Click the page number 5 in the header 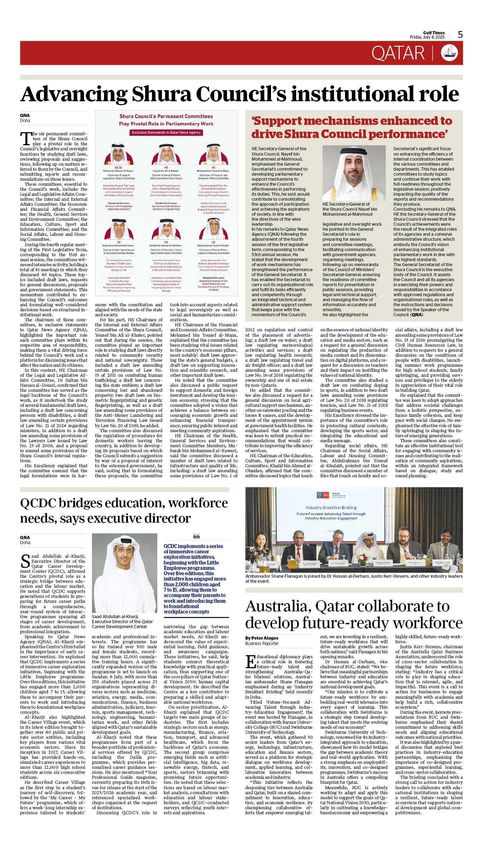coord(460,35)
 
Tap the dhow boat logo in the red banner coord(449,53)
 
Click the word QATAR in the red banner coord(398,53)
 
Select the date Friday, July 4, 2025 coord(427,37)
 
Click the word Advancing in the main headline coord(73,94)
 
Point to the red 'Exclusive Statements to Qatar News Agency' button coord(166,133)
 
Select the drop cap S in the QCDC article coord(25,561)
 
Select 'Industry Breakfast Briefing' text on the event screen coord(331,508)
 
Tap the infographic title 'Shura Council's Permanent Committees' coord(166,117)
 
